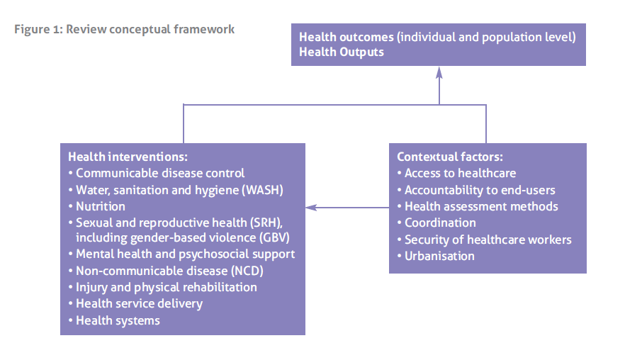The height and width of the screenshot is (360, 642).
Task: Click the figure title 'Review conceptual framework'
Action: point(150,30)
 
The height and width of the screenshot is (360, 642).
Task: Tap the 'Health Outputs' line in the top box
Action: point(342,52)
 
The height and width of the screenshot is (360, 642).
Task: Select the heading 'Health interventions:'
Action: point(128,157)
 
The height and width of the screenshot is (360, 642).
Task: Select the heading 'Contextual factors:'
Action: point(450,157)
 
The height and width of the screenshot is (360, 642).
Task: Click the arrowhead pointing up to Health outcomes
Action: point(439,72)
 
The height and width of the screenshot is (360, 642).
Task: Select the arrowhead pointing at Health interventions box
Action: point(312,208)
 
